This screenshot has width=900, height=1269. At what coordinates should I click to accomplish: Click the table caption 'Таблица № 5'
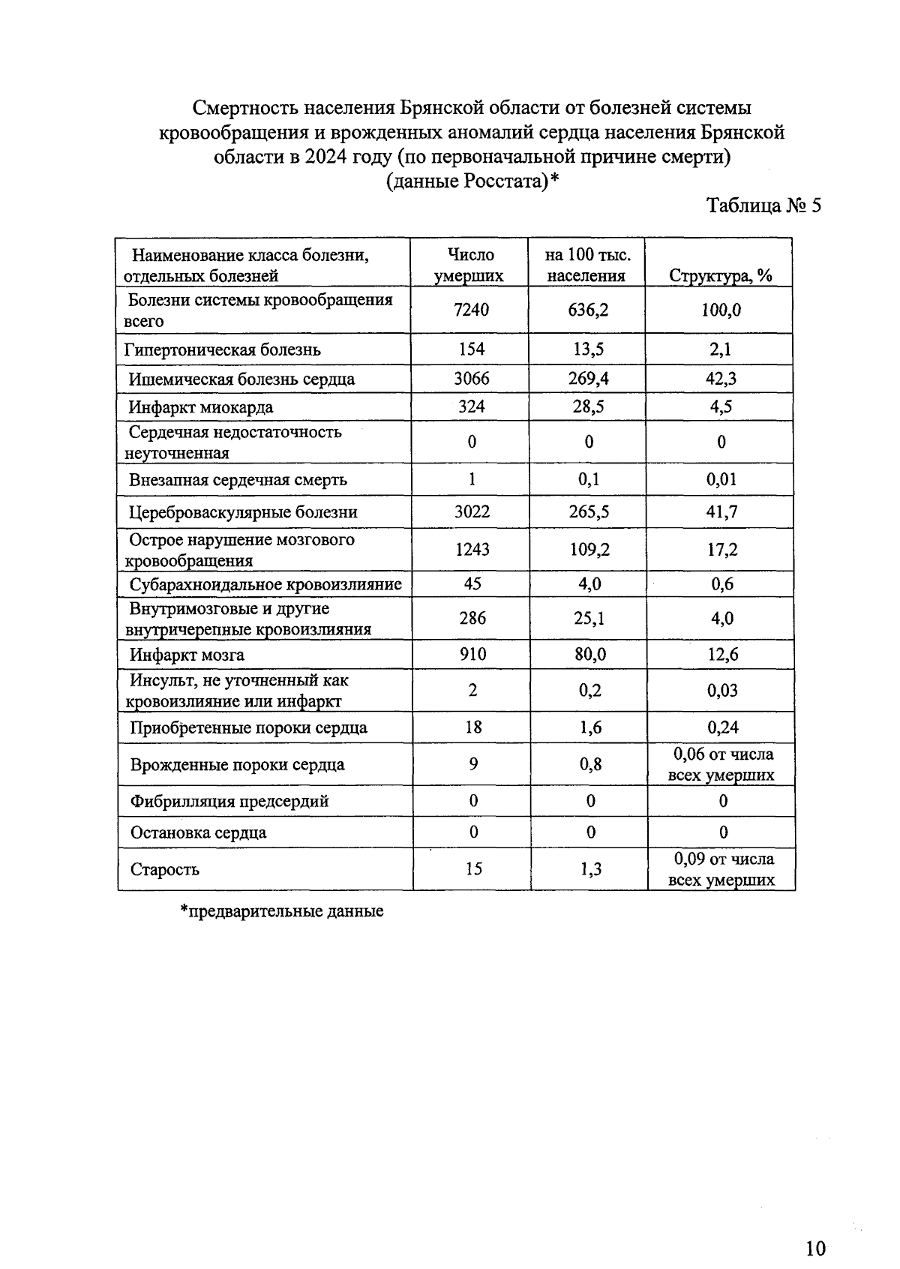764,205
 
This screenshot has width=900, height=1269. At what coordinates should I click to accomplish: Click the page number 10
815,1248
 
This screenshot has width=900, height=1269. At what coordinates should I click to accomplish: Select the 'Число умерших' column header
470,265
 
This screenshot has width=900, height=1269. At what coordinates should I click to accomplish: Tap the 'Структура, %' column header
720,275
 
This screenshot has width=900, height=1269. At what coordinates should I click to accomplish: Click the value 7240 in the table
471,310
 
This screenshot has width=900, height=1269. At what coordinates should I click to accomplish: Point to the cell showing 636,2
588,310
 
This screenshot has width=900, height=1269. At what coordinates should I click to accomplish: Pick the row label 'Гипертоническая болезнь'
223,349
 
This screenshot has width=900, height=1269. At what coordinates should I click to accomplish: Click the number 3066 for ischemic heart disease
471,379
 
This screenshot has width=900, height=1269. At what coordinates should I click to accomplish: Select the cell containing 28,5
588,406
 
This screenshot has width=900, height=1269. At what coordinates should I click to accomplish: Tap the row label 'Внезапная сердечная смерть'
238,480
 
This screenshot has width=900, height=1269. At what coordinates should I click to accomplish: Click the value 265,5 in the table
588,512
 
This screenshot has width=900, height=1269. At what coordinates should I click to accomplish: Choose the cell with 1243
472,550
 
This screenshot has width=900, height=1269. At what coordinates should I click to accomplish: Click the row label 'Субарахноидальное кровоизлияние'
265,584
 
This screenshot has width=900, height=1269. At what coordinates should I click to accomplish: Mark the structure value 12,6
722,655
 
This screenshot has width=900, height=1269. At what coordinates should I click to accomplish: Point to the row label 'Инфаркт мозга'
187,655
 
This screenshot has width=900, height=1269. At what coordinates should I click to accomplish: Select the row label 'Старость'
165,869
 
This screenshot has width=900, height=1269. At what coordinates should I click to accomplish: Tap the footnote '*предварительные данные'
282,911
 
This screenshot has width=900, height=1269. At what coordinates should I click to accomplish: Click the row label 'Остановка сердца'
198,832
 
